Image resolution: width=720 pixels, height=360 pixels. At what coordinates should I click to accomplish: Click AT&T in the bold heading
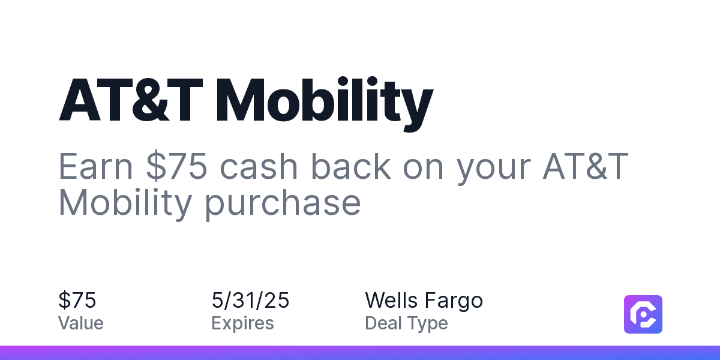(131, 100)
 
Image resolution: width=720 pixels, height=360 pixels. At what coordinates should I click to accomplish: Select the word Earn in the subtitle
(95, 166)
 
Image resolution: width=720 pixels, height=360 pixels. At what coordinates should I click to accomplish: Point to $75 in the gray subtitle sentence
(176, 166)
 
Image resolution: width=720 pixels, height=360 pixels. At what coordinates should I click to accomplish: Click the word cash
(259, 166)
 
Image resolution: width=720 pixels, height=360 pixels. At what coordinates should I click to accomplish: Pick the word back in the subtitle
(350, 166)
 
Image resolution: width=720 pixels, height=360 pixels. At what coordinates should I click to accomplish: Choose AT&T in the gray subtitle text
(586, 166)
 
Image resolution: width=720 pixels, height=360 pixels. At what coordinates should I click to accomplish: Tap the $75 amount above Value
(77, 300)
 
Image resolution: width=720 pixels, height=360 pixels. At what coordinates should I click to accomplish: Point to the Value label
(80, 323)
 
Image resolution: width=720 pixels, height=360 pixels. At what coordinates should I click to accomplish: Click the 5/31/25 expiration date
(250, 300)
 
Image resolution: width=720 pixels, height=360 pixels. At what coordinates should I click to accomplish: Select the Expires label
(242, 323)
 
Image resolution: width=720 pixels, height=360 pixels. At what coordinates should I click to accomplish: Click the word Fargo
(454, 301)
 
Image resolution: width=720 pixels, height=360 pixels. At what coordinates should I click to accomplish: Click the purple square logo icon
(643, 314)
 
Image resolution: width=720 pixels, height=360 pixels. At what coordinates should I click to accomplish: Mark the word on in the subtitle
(424, 169)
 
